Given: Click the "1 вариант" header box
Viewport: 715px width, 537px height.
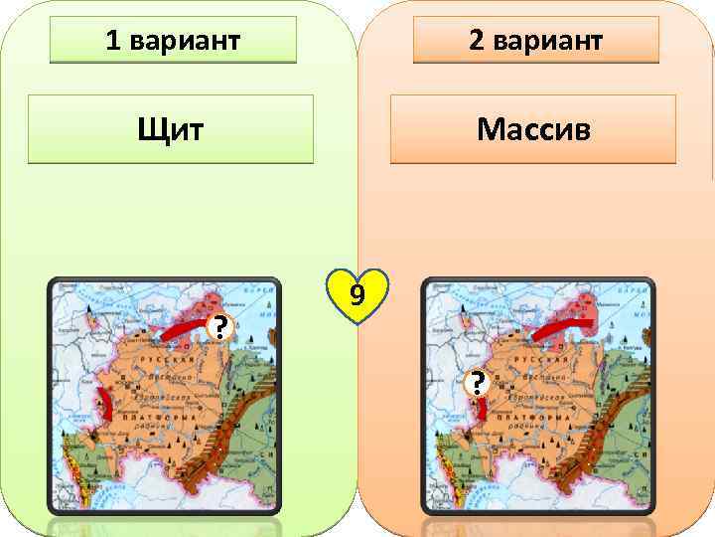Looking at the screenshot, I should (x=173, y=41).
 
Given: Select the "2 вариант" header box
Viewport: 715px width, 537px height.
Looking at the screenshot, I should (x=535, y=41).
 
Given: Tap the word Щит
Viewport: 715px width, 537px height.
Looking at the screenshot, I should (x=171, y=128).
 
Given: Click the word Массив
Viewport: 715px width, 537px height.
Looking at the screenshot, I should (x=532, y=128).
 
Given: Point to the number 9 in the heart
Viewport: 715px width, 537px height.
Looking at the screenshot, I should (x=357, y=294).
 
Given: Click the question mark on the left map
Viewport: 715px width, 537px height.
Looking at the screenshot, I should (x=219, y=327).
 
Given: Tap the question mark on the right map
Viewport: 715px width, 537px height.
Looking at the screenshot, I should (x=479, y=382).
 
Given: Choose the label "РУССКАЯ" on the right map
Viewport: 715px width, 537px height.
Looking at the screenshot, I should (x=514, y=358).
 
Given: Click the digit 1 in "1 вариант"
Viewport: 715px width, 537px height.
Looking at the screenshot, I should (x=112, y=41).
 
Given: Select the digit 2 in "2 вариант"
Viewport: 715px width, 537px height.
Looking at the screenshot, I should (x=476, y=41).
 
